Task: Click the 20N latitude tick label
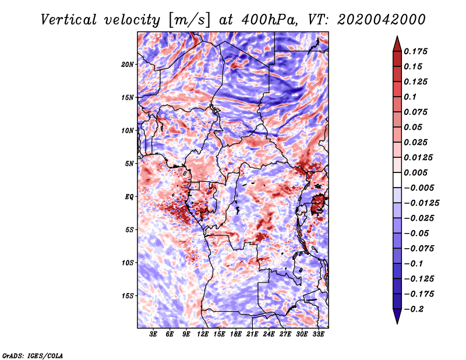pos(128,65)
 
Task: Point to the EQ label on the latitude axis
pos(129,197)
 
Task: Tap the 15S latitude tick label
pos(128,296)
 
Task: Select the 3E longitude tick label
pos(153,334)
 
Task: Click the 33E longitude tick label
pos(318,334)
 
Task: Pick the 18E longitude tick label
pos(236,334)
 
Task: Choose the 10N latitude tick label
pos(128,130)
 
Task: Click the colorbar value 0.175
pos(415,51)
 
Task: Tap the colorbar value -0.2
pos(414,309)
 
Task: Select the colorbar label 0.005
pos(415,172)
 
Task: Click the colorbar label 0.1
pos(410,97)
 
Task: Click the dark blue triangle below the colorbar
pos(397,315)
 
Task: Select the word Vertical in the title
pos(68,20)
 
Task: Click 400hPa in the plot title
pos(269,20)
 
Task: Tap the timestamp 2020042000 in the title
pos(381,20)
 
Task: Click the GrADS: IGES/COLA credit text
pos(33,355)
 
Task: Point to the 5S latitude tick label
pos(129,230)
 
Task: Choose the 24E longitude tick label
pos(269,334)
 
